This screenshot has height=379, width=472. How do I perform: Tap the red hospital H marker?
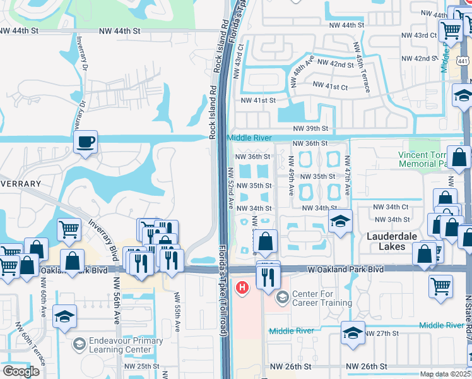click(242, 288)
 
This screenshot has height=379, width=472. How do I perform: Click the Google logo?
click(21, 372)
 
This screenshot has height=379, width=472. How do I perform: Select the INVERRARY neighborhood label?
click(20, 183)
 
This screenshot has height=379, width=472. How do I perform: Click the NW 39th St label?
click(309, 128)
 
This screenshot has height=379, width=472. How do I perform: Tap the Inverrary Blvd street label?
click(104, 233)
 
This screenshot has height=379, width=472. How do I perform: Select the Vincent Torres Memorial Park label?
click(423, 159)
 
